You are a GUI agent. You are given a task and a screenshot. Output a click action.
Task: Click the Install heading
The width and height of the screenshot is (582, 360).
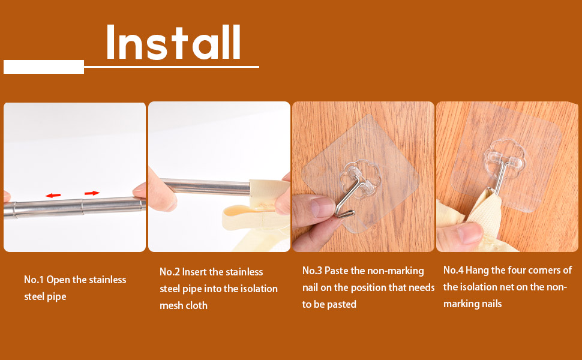173,43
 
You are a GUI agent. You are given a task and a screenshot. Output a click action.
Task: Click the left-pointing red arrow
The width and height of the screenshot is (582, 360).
53,195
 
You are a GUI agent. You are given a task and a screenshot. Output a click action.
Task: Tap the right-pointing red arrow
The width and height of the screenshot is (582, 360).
92,193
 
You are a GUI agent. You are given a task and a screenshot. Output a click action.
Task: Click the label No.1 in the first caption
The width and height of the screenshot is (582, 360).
34,280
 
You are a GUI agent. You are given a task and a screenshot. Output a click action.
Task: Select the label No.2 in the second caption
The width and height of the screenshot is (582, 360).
170,272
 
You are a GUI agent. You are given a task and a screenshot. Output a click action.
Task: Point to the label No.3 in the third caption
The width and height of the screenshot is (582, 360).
312,271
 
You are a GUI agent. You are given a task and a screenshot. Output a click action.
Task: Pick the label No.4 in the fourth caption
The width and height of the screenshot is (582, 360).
453,270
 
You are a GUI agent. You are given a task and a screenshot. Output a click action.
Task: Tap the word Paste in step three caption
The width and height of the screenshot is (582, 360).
336,271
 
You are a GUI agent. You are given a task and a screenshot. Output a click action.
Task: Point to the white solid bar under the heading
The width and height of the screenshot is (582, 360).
44,67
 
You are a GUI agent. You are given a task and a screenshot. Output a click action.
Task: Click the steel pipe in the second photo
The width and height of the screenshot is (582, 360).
206,187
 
